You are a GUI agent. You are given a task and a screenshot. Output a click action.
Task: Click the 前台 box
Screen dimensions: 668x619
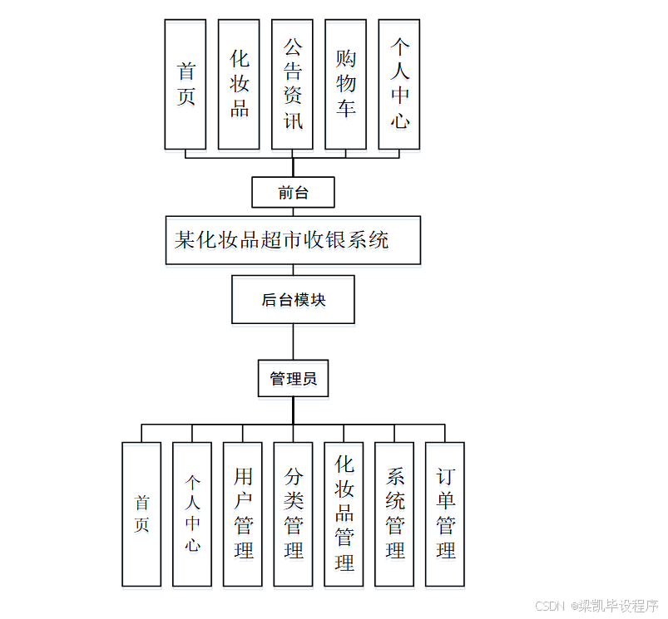pos(293,192)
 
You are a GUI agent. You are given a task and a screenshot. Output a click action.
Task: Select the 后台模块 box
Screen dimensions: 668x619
pos(293,299)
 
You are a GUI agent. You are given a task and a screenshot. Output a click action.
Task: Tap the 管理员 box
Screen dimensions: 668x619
pos(293,379)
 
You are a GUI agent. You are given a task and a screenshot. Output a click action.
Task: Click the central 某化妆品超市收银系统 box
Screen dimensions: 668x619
pos(293,240)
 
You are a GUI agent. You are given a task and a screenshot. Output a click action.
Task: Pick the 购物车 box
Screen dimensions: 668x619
pos(345,84)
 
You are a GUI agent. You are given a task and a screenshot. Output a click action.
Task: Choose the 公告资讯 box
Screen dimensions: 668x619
pos(292,84)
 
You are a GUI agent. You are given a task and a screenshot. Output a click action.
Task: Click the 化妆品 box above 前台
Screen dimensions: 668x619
pos(239,84)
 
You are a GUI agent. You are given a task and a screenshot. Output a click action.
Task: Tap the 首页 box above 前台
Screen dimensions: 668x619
pos(186,84)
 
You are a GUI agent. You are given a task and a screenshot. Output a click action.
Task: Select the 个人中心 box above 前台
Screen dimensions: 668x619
pos(399,84)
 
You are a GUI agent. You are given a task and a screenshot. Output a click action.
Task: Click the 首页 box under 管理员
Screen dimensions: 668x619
pos(141,513)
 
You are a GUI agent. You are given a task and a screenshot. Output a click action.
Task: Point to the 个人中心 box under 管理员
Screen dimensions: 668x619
pos(192,513)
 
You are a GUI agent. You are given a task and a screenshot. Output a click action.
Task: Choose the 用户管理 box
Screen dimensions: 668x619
pos(243,513)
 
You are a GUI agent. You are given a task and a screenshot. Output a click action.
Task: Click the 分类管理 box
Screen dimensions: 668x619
pos(294,513)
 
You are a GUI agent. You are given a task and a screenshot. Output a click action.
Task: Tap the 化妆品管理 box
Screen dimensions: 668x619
pos(344,513)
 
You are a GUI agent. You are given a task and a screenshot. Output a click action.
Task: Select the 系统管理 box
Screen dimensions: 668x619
pos(394,513)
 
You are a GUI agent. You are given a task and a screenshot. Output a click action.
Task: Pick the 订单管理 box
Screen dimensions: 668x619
pos(445,513)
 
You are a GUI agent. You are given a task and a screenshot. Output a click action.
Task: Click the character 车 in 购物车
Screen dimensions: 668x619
pos(346,108)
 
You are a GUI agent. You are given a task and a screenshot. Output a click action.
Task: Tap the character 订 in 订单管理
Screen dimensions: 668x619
pos(446,477)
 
